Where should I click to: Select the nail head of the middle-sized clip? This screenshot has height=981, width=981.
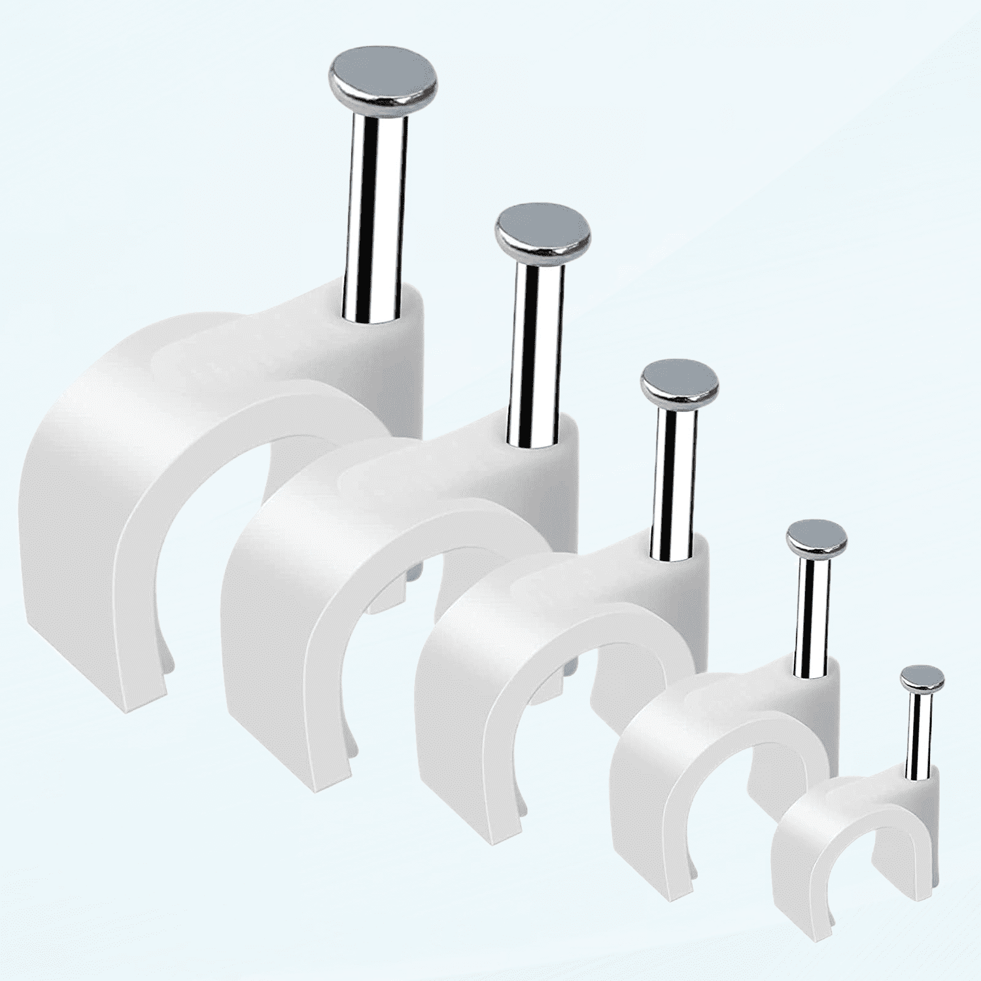click(x=680, y=383)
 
